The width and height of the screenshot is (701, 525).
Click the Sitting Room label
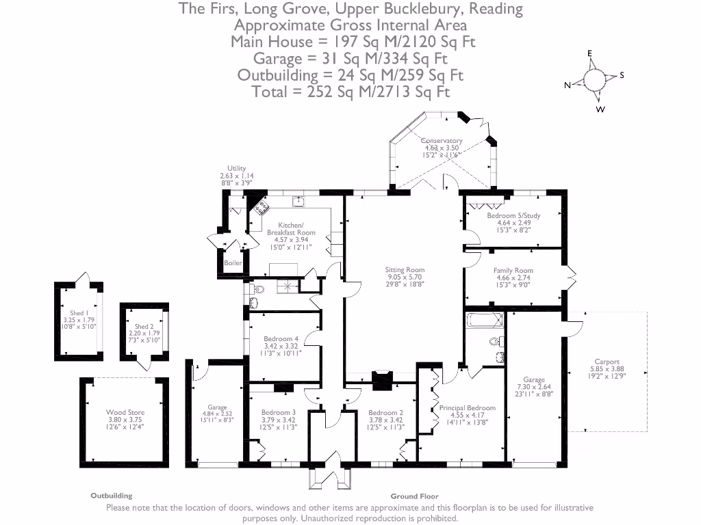point(405,270)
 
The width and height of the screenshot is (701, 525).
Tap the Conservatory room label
point(442,141)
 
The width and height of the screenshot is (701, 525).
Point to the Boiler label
point(233,262)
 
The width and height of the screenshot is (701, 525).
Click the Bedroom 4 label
point(281,339)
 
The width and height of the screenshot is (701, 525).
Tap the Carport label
point(607,362)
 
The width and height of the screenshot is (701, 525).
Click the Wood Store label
point(125,412)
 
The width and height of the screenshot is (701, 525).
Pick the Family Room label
point(513,271)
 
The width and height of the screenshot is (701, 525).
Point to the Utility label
point(237,168)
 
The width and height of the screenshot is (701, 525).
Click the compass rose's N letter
point(567,85)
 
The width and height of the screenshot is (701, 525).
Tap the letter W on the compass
point(600,109)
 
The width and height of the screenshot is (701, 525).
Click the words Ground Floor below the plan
point(414,496)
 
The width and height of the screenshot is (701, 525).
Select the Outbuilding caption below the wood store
point(112,496)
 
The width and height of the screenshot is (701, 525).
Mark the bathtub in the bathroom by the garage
point(484,320)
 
